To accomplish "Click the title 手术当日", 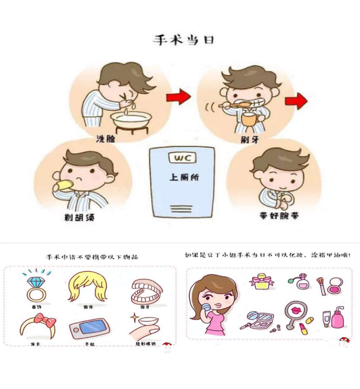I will point(183,40).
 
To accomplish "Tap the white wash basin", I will point(131,119).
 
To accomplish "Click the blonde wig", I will point(88,286).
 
